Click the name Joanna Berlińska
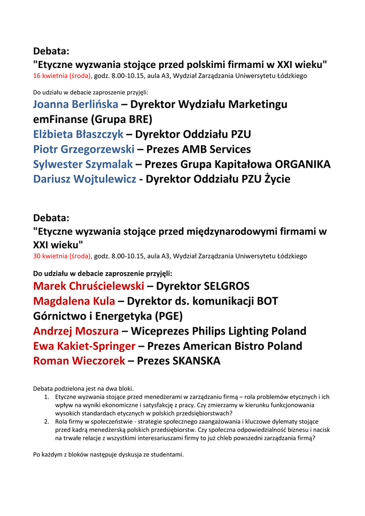click(x=76, y=105)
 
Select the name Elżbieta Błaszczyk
click(x=78, y=135)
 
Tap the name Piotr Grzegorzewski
click(x=84, y=150)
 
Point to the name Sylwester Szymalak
click(x=83, y=165)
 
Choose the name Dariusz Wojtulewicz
click(x=85, y=179)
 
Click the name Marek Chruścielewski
click(x=89, y=287)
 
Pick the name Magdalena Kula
click(x=74, y=301)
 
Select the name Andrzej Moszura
click(x=76, y=332)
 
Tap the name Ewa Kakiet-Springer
click(x=84, y=346)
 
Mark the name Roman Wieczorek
click(x=79, y=361)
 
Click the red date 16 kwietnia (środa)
click(x=62, y=76)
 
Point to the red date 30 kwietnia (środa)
click(x=62, y=256)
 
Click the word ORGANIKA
click(x=303, y=165)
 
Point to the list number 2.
click(x=46, y=421)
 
